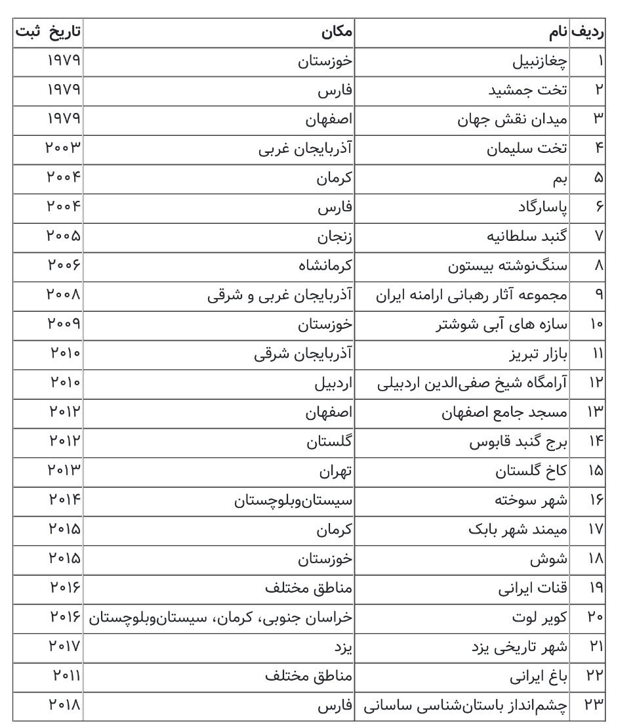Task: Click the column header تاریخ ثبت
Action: pyautogui.click(x=49, y=32)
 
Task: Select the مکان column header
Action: pyautogui.click(x=337, y=32)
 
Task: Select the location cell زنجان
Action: pyautogui.click(x=335, y=236)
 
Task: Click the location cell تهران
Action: pyautogui.click(x=336, y=471)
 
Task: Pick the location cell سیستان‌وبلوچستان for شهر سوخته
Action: pyautogui.click(x=293, y=500)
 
